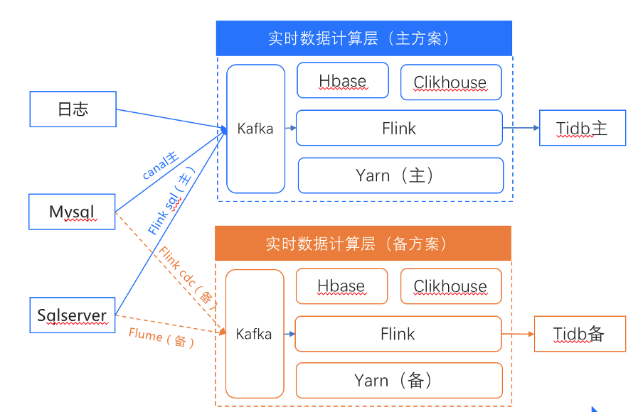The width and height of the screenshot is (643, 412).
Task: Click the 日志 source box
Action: [x=73, y=109]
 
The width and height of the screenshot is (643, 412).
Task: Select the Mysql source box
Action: [x=72, y=212]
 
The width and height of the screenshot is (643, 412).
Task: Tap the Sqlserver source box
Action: [x=72, y=315]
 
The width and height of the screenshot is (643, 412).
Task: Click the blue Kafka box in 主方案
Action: [x=255, y=129]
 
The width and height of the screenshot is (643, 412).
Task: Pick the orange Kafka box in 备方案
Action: [x=254, y=334]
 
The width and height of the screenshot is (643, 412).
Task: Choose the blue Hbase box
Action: [x=343, y=81]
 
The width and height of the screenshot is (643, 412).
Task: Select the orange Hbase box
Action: [x=341, y=286]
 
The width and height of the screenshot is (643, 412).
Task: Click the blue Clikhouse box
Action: [x=451, y=82]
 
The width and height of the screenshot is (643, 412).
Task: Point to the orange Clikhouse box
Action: [x=451, y=287]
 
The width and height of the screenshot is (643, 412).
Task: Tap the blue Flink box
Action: [x=399, y=129]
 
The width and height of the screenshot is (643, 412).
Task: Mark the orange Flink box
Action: [x=398, y=334]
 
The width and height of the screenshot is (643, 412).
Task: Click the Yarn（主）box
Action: [x=400, y=175]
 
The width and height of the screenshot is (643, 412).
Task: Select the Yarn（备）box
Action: [x=399, y=381]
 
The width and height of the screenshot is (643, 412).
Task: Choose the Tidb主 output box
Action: [x=583, y=129]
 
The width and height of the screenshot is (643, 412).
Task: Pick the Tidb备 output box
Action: [x=580, y=334]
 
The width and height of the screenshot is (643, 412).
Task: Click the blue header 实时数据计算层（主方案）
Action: [x=364, y=38]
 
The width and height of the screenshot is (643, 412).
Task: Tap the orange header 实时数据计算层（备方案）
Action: [x=363, y=244]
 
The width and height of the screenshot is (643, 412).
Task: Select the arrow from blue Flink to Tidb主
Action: [x=521, y=129]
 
